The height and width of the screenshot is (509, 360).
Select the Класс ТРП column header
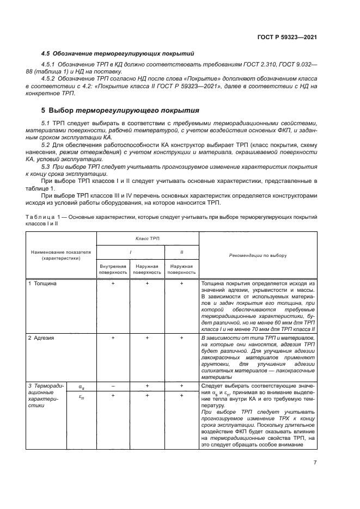148,238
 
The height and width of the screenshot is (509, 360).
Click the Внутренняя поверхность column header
113,268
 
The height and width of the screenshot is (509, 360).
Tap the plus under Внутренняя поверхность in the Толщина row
113,284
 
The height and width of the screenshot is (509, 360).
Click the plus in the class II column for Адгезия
181,338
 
